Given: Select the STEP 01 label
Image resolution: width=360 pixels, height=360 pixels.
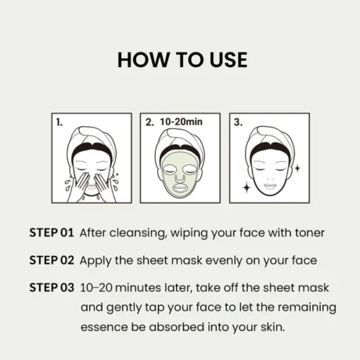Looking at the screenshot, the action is point(52,232).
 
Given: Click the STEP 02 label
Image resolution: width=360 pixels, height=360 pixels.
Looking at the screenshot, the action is point(52,261).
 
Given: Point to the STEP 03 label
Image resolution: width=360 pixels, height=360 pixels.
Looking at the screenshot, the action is point(52,288).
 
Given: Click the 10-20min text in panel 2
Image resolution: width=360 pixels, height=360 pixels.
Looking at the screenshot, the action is point(181,122).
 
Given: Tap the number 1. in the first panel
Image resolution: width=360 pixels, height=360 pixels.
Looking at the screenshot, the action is point(59,122).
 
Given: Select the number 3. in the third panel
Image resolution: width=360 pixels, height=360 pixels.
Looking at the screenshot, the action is point(238,122).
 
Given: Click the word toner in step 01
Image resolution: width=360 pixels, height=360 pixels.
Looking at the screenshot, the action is point(310,232).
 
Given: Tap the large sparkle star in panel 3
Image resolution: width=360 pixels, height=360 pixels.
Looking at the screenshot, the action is point(247,188).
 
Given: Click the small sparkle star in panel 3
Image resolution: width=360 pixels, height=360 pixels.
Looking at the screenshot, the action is point(297,168).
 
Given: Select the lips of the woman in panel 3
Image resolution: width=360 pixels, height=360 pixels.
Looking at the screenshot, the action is point(270,186).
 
